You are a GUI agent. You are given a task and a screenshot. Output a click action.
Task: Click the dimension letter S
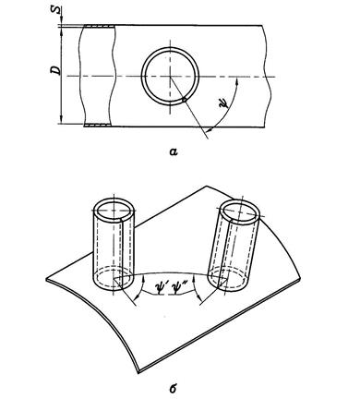[x=55, y=10]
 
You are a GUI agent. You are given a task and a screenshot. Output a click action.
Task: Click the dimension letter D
[x=55, y=70]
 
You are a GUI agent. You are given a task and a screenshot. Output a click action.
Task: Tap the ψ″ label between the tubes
[x=179, y=291]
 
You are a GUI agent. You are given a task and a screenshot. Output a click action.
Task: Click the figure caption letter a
[x=174, y=151]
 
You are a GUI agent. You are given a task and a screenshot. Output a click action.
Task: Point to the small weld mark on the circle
[x=184, y=99]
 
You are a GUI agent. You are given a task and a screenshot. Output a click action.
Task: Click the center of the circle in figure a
[x=170, y=77]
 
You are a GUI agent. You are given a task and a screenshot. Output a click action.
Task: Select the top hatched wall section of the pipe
[x=99, y=26]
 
